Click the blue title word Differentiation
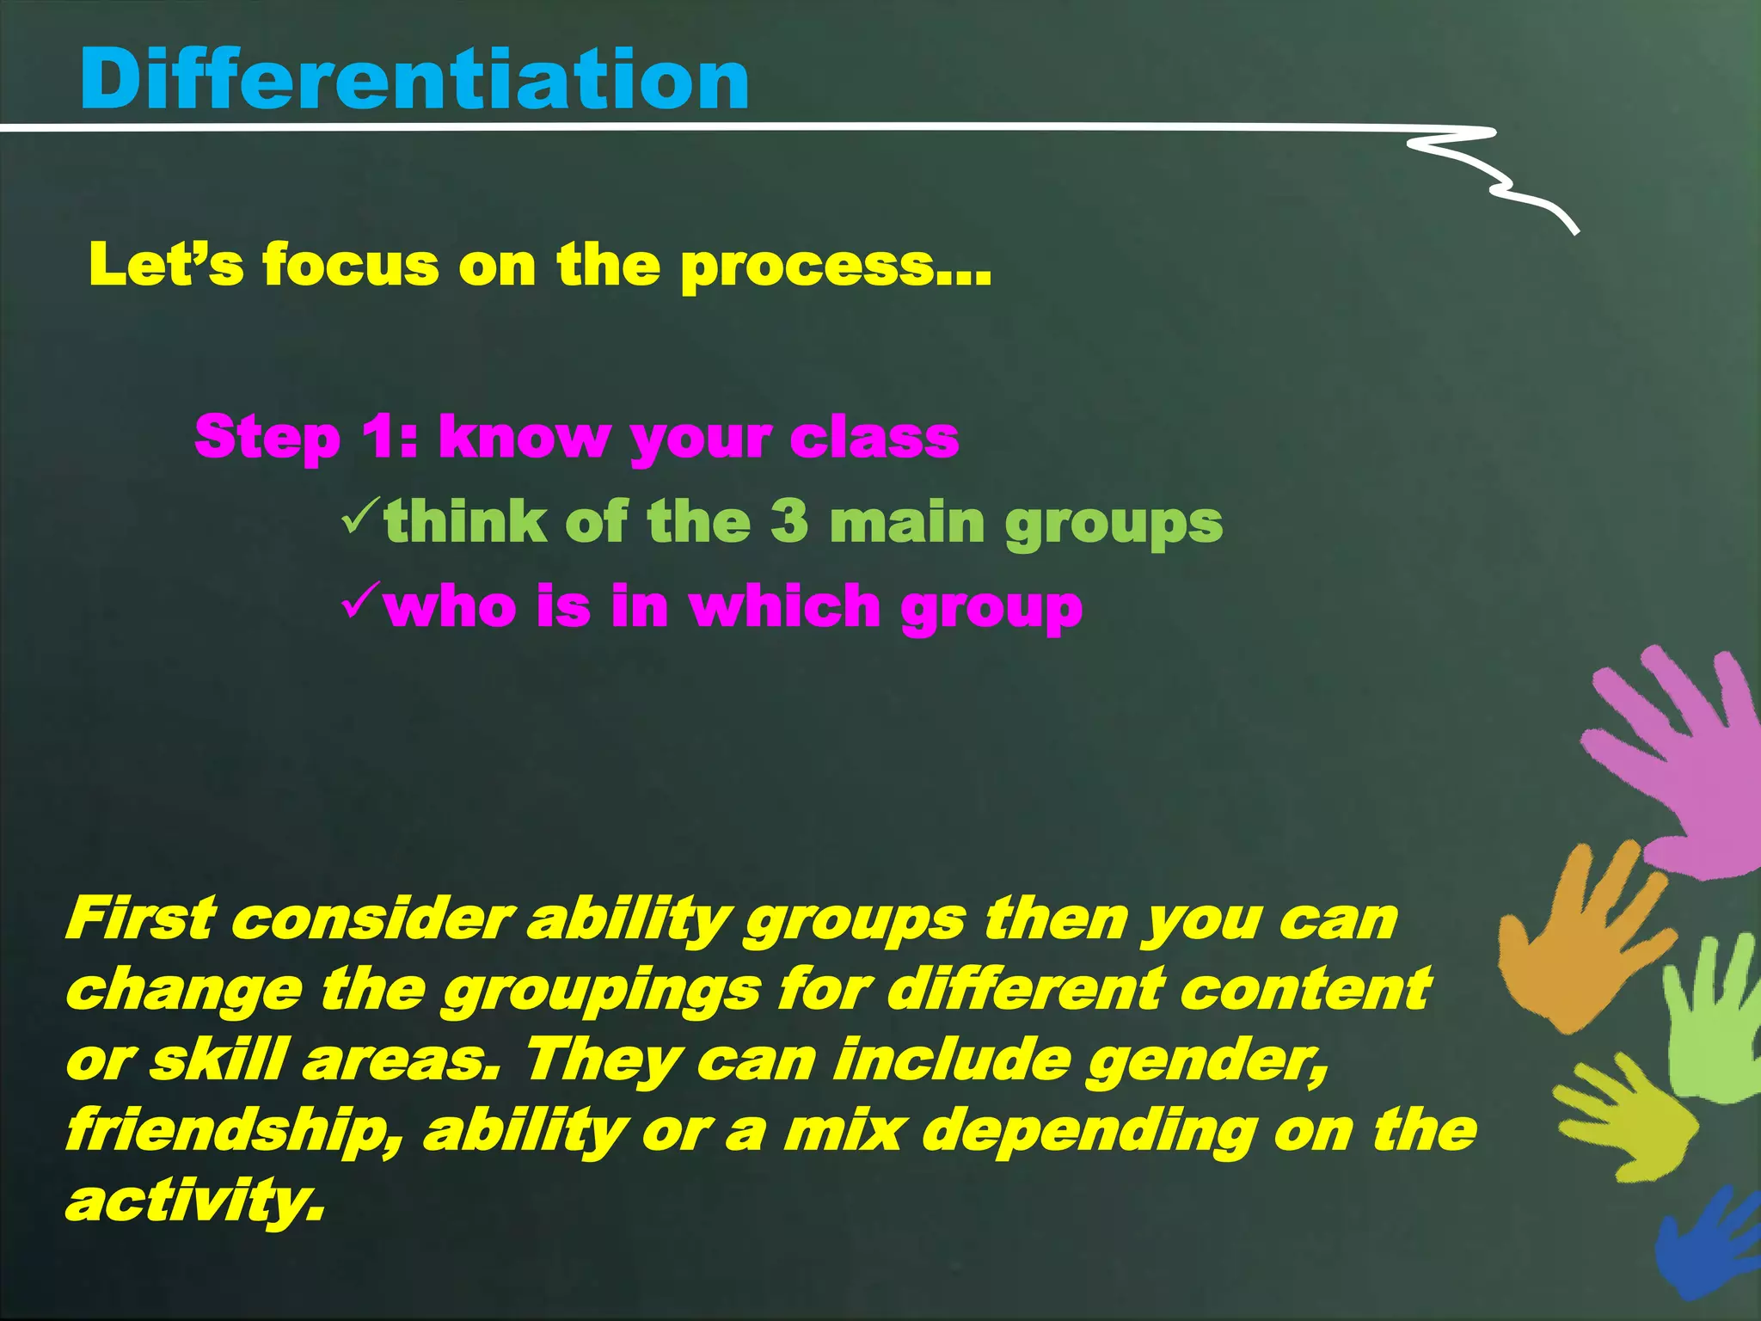pos(414,79)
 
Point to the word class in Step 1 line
pos(874,437)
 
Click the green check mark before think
pos(359,516)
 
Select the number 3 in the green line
pos(789,521)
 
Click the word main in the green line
pos(906,521)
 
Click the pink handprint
pos(1677,765)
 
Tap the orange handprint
pos(1574,946)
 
